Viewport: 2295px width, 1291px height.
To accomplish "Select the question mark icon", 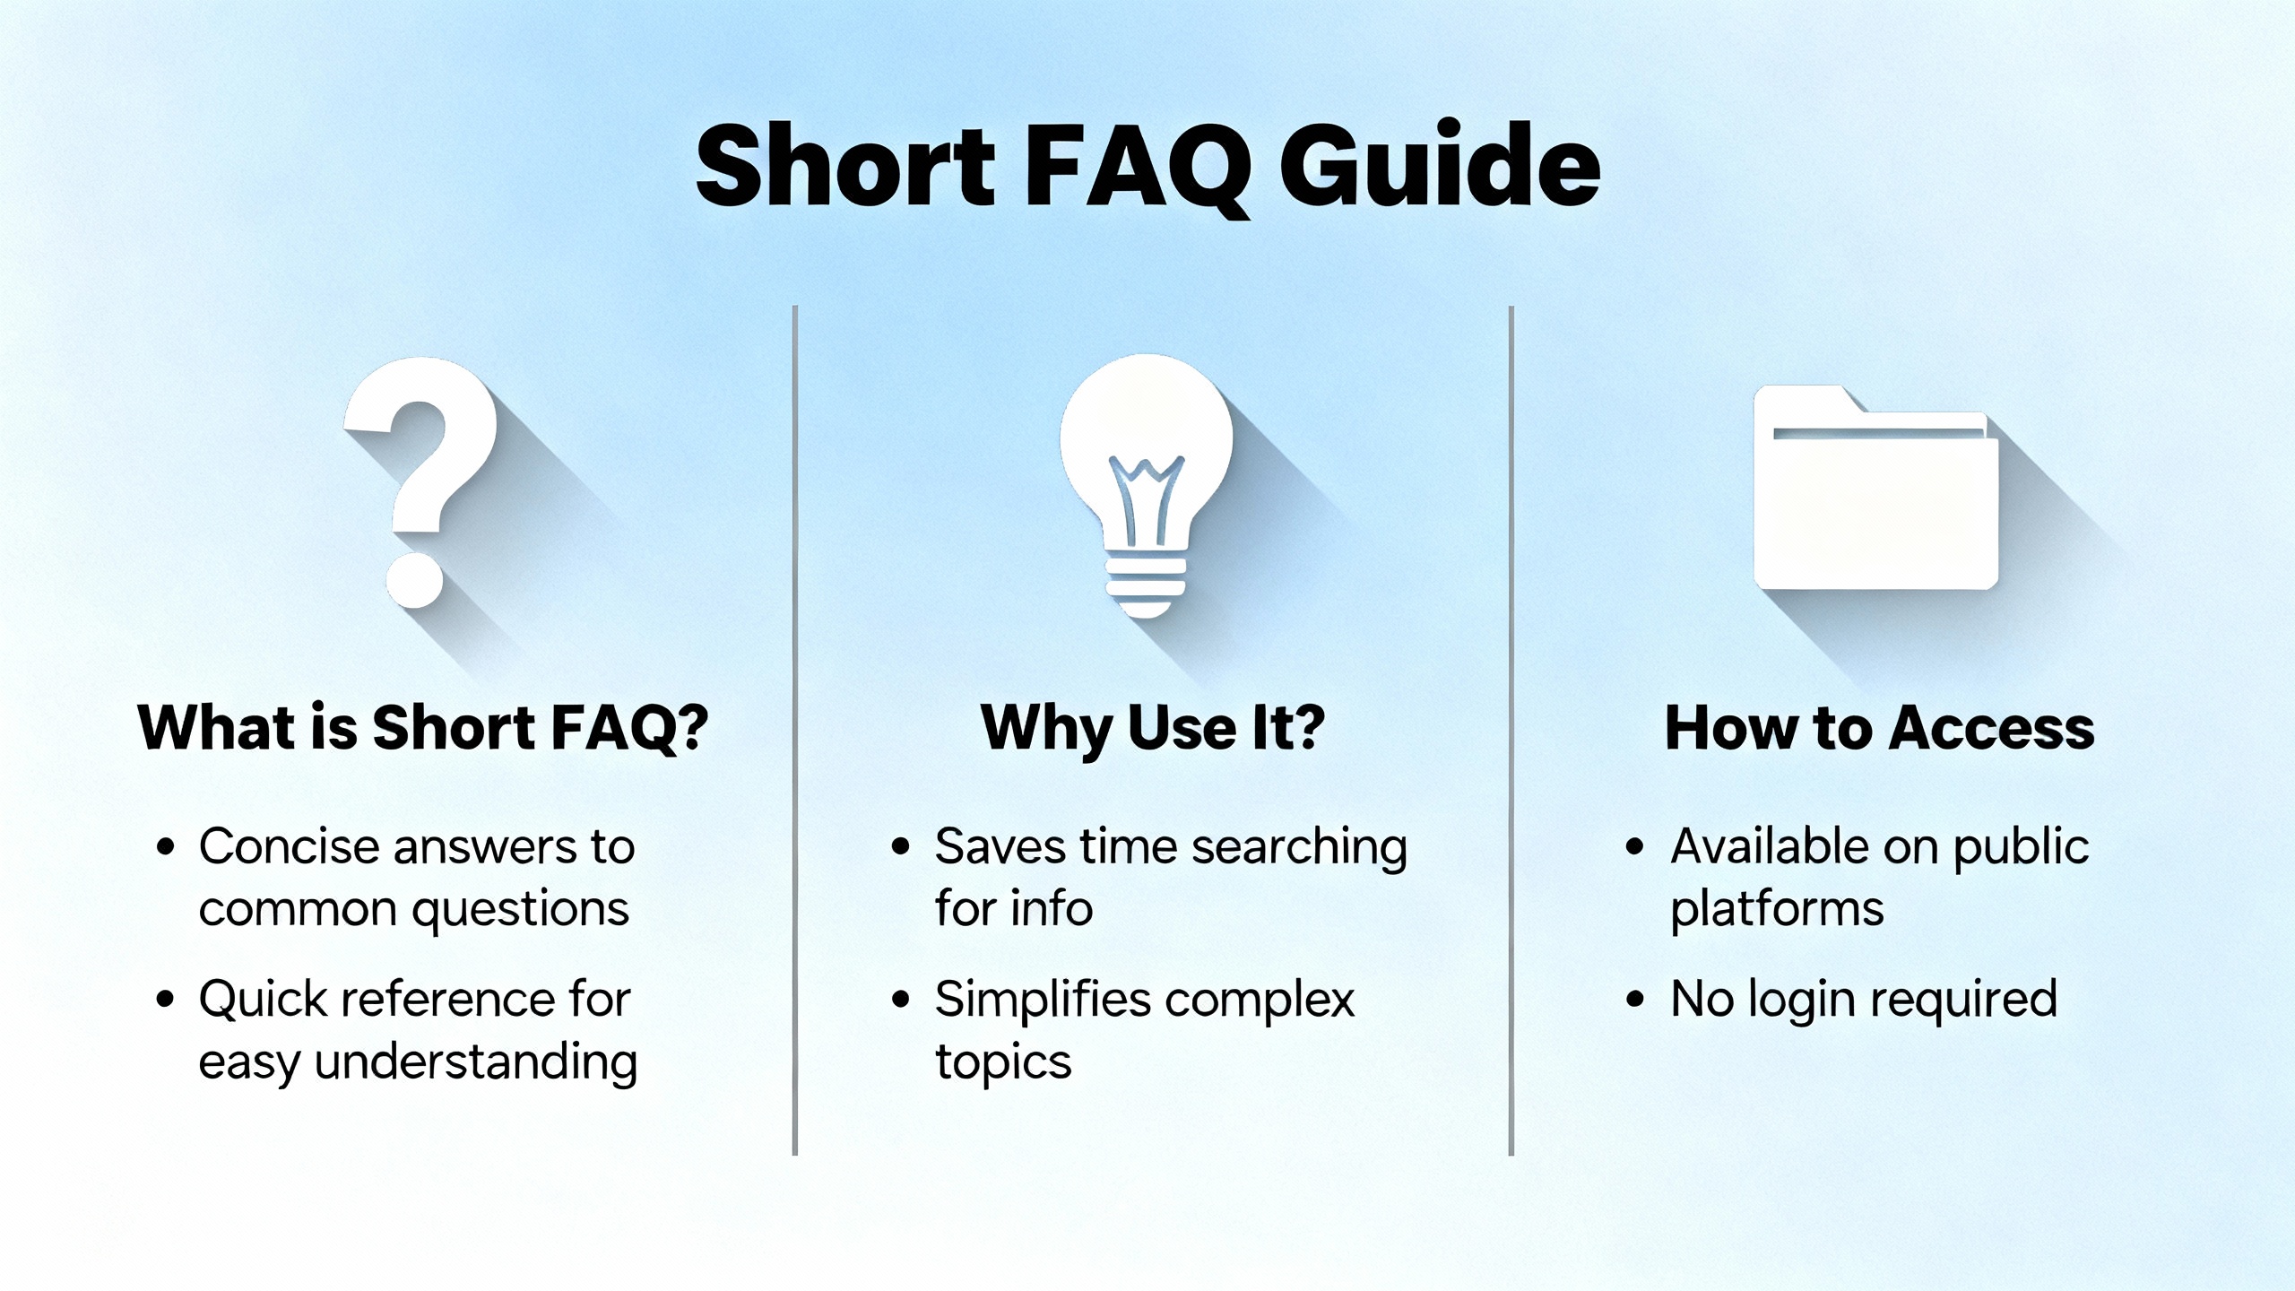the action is pyautogui.click(x=420, y=482).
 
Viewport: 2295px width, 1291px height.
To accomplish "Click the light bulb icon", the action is pyautogui.click(x=1147, y=485).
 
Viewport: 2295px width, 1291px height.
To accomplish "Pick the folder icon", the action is pyautogui.click(x=1876, y=488).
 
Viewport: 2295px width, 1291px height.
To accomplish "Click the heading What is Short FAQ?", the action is pyautogui.click(x=423, y=727).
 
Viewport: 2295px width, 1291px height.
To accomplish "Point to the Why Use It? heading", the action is pyautogui.click(x=1153, y=729).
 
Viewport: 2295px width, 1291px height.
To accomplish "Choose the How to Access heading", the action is pyautogui.click(x=1880, y=727).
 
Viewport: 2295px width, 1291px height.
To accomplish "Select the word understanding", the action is pyautogui.click(x=476, y=1062).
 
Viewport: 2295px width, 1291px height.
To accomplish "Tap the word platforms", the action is pyautogui.click(x=1777, y=911).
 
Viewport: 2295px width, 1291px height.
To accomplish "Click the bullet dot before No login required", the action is pyautogui.click(x=1635, y=1000).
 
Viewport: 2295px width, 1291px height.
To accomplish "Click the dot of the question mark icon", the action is pyautogui.click(x=415, y=580).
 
